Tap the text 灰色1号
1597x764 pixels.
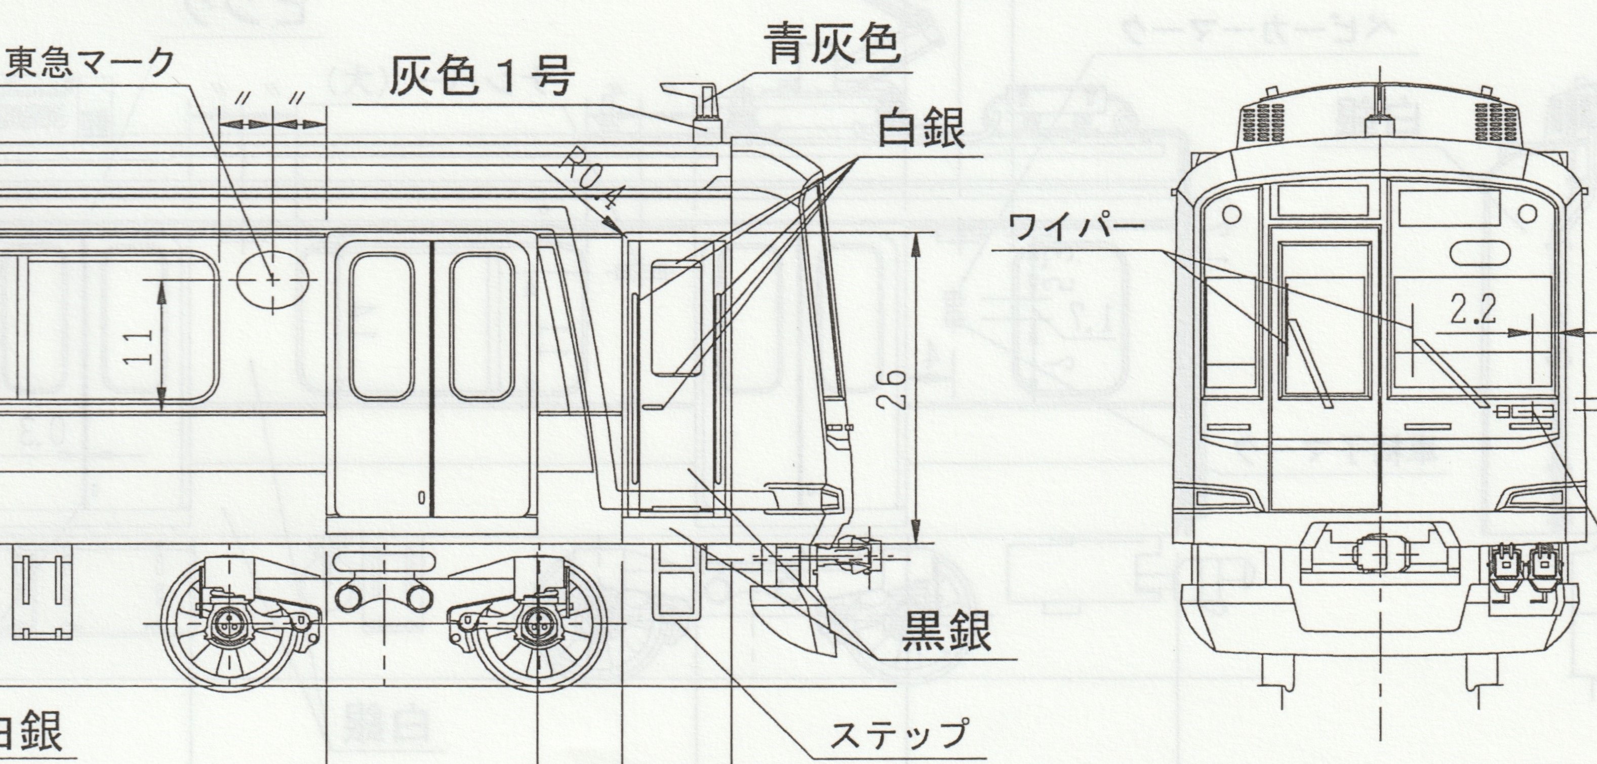point(481,78)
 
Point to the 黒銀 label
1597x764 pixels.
point(946,631)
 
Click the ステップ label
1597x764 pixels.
point(898,735)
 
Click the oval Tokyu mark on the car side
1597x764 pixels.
point(272,280)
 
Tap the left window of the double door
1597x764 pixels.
point(381,327)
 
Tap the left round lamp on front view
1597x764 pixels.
point(1232,215)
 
